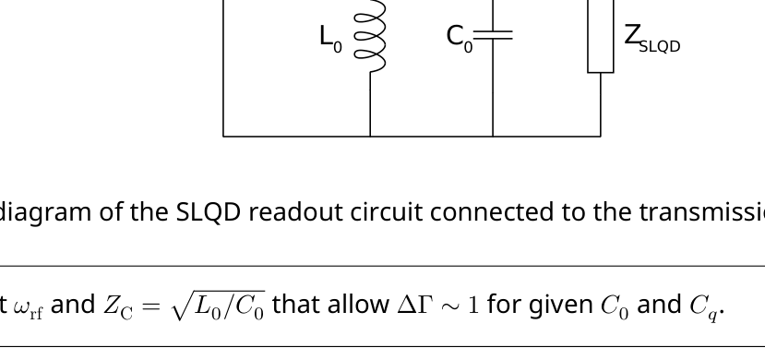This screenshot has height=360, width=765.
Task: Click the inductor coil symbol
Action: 370,37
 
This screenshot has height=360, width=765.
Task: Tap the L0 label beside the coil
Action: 330,38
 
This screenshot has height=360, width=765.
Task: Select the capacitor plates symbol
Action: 493,35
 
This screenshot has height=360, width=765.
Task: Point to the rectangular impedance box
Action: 601,37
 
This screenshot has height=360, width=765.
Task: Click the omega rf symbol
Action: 29,307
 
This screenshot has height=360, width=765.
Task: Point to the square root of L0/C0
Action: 219,306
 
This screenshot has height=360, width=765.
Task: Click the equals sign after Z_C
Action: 151,306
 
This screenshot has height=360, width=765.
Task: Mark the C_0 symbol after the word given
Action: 615,306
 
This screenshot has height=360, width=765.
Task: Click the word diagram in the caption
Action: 45,212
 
